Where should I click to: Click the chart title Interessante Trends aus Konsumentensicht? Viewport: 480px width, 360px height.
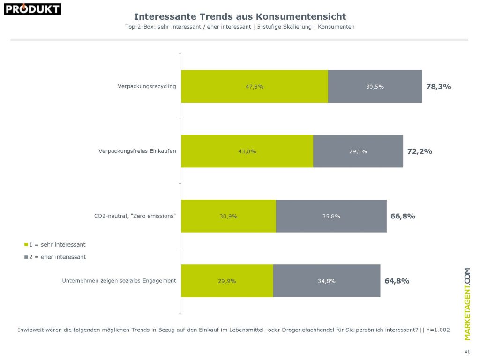(240, 17)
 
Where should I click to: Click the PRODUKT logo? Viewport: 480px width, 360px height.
(32, 8)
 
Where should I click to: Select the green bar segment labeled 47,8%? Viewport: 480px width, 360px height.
(255, 87)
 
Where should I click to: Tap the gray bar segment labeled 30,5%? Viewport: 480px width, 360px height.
(375, 87)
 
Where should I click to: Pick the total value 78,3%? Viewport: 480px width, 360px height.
(439, 87)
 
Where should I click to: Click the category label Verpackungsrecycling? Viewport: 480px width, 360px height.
(147, 86)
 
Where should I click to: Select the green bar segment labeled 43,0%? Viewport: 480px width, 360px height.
(247, 151)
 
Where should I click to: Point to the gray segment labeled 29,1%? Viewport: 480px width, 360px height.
(358, 151)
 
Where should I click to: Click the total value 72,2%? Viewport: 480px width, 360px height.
(420, 151)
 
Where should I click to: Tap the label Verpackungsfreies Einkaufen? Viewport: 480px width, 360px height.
(137, 151)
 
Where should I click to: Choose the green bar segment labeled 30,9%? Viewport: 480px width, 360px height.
(229, 216)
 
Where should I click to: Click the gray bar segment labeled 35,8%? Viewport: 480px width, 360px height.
(331, 216)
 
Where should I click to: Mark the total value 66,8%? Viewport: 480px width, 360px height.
(403, 216)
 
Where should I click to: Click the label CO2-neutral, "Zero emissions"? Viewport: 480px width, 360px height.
(135, 216)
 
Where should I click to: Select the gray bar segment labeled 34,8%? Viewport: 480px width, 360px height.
(326, 281)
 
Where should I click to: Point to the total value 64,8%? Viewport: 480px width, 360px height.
(397, 281)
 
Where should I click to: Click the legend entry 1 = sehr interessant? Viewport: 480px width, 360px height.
(55, 245)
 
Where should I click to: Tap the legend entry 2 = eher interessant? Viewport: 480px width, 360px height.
(55, 257)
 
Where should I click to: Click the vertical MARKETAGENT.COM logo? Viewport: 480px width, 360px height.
(467, 304)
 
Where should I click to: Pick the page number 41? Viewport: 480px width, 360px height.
(466, 352)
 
